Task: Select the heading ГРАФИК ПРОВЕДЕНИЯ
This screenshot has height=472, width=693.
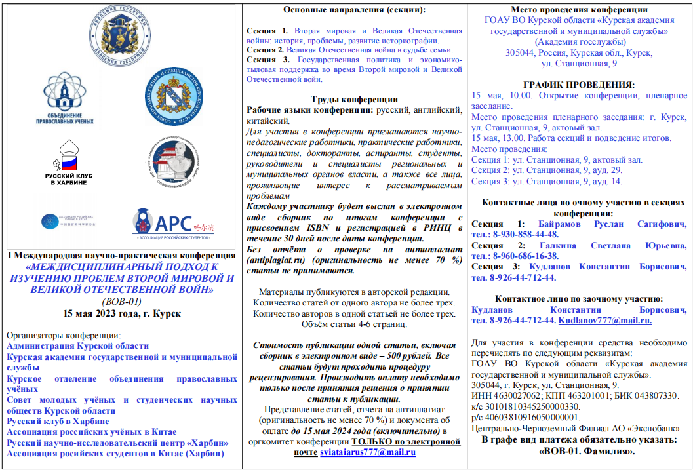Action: (579, 85)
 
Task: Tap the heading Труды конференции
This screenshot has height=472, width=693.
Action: (354, 99)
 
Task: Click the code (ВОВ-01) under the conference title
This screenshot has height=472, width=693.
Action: (121, 301)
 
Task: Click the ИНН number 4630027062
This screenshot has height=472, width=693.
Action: (516, 395)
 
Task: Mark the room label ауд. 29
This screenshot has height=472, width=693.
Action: (608, 170)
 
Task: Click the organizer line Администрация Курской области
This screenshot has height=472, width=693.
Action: (77, 345)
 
